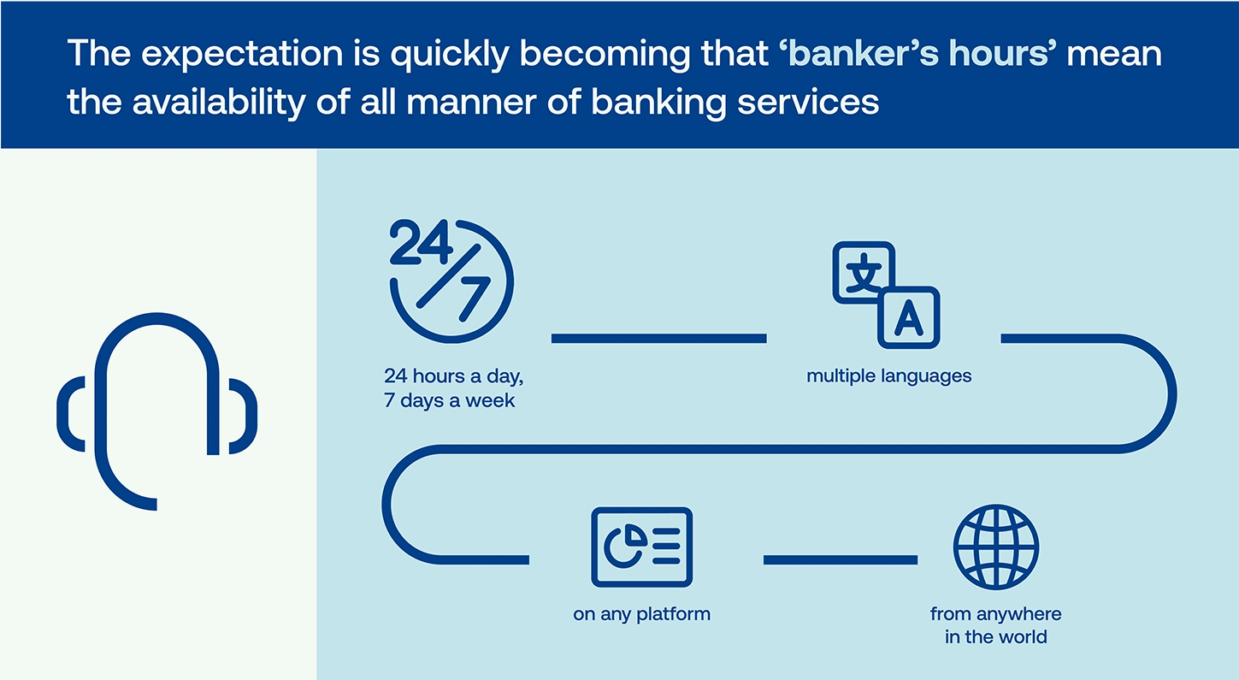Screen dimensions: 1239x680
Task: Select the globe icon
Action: pos(995,547)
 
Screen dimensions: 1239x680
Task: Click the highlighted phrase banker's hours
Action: pos(917,53)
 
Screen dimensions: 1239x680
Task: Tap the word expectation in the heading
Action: pos(242,54)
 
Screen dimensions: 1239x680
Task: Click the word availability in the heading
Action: pos(219,103)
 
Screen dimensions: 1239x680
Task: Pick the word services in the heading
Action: pos(808,103)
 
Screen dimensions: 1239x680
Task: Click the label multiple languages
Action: pos(889,376)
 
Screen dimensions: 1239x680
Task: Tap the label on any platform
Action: pos(641,614)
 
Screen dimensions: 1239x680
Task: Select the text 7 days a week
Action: pos(449,400)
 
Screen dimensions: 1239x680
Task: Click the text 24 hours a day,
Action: pos(453,376)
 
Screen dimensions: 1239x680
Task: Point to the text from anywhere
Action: pos(995,613)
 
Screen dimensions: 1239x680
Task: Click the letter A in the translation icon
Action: pos(909,319)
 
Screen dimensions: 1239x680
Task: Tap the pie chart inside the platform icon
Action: pos(625,547)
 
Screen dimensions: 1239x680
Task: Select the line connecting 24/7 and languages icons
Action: pos(658,339)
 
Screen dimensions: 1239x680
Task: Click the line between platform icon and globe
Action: pos(841,560)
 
